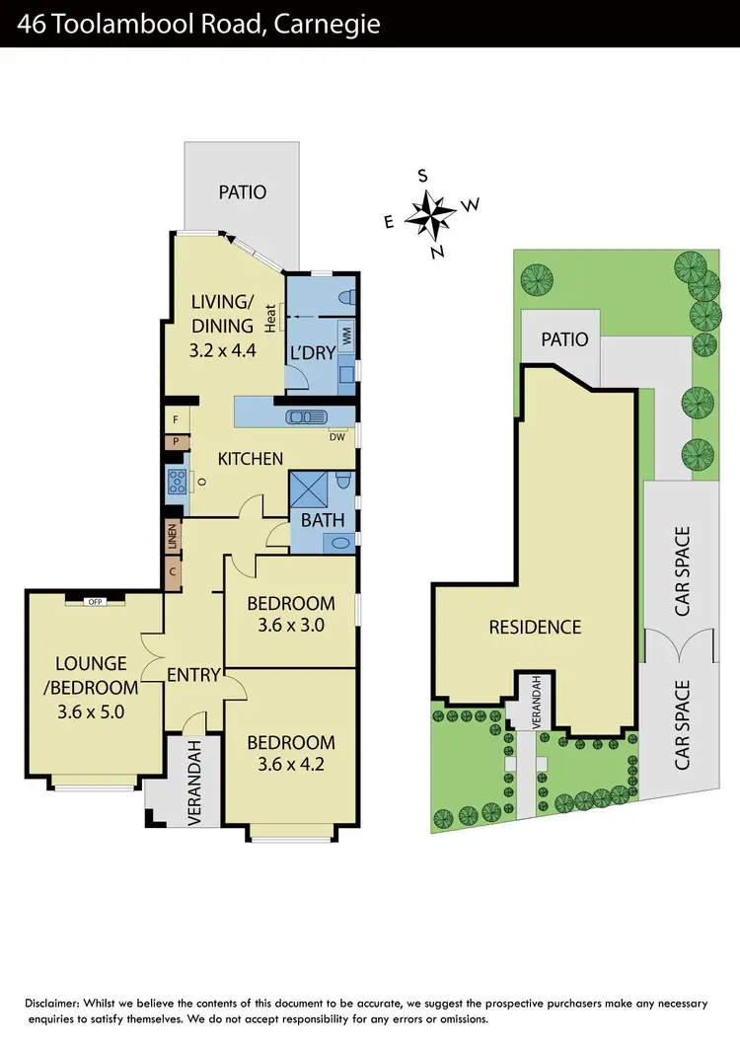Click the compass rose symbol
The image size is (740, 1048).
coord(431,211)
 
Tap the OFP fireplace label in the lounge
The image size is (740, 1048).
coord(96,601)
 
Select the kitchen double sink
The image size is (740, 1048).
coord(305,416)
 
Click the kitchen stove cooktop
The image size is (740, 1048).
coord(179,483)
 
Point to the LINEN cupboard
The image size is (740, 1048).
coord(173,539)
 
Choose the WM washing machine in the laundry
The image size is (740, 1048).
coord(347,336)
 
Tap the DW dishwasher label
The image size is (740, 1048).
coord(338,436)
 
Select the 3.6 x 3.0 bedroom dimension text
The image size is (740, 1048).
coord(290,625)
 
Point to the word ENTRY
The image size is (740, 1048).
coord(193,675)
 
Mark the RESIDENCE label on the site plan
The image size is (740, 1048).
coord(535,627)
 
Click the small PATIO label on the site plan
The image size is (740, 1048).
coord(564,339)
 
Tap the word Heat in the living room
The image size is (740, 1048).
coord(269,317)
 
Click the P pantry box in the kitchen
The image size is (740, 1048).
coord(174,442)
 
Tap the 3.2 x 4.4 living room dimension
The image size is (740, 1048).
coord(223,348)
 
